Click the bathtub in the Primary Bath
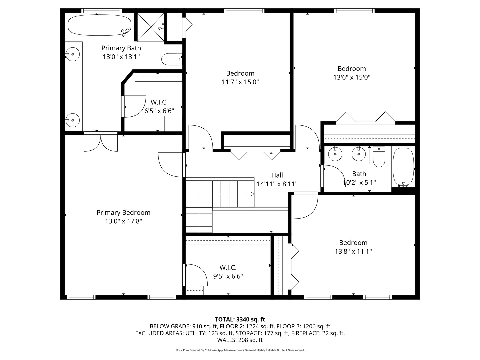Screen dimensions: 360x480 [x=99, y=25]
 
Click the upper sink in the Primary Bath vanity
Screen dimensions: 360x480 [x=72, y=54]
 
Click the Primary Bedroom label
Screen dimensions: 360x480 [x=123, y=212]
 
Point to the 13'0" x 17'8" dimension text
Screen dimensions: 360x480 [x=123, y=221]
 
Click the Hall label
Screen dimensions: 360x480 [x=277, y=175]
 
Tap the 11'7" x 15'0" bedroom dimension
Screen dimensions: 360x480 [x=240, y=82]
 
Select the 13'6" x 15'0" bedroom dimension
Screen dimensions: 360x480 [x=352, y=77]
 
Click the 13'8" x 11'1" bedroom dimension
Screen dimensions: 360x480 [x=353, y=251]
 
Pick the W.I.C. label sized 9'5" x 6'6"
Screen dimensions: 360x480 [x=228, y=267]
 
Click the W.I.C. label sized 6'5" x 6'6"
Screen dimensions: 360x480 [x=159, y=102]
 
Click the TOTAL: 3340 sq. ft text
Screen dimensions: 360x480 [x=240, y=319]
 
